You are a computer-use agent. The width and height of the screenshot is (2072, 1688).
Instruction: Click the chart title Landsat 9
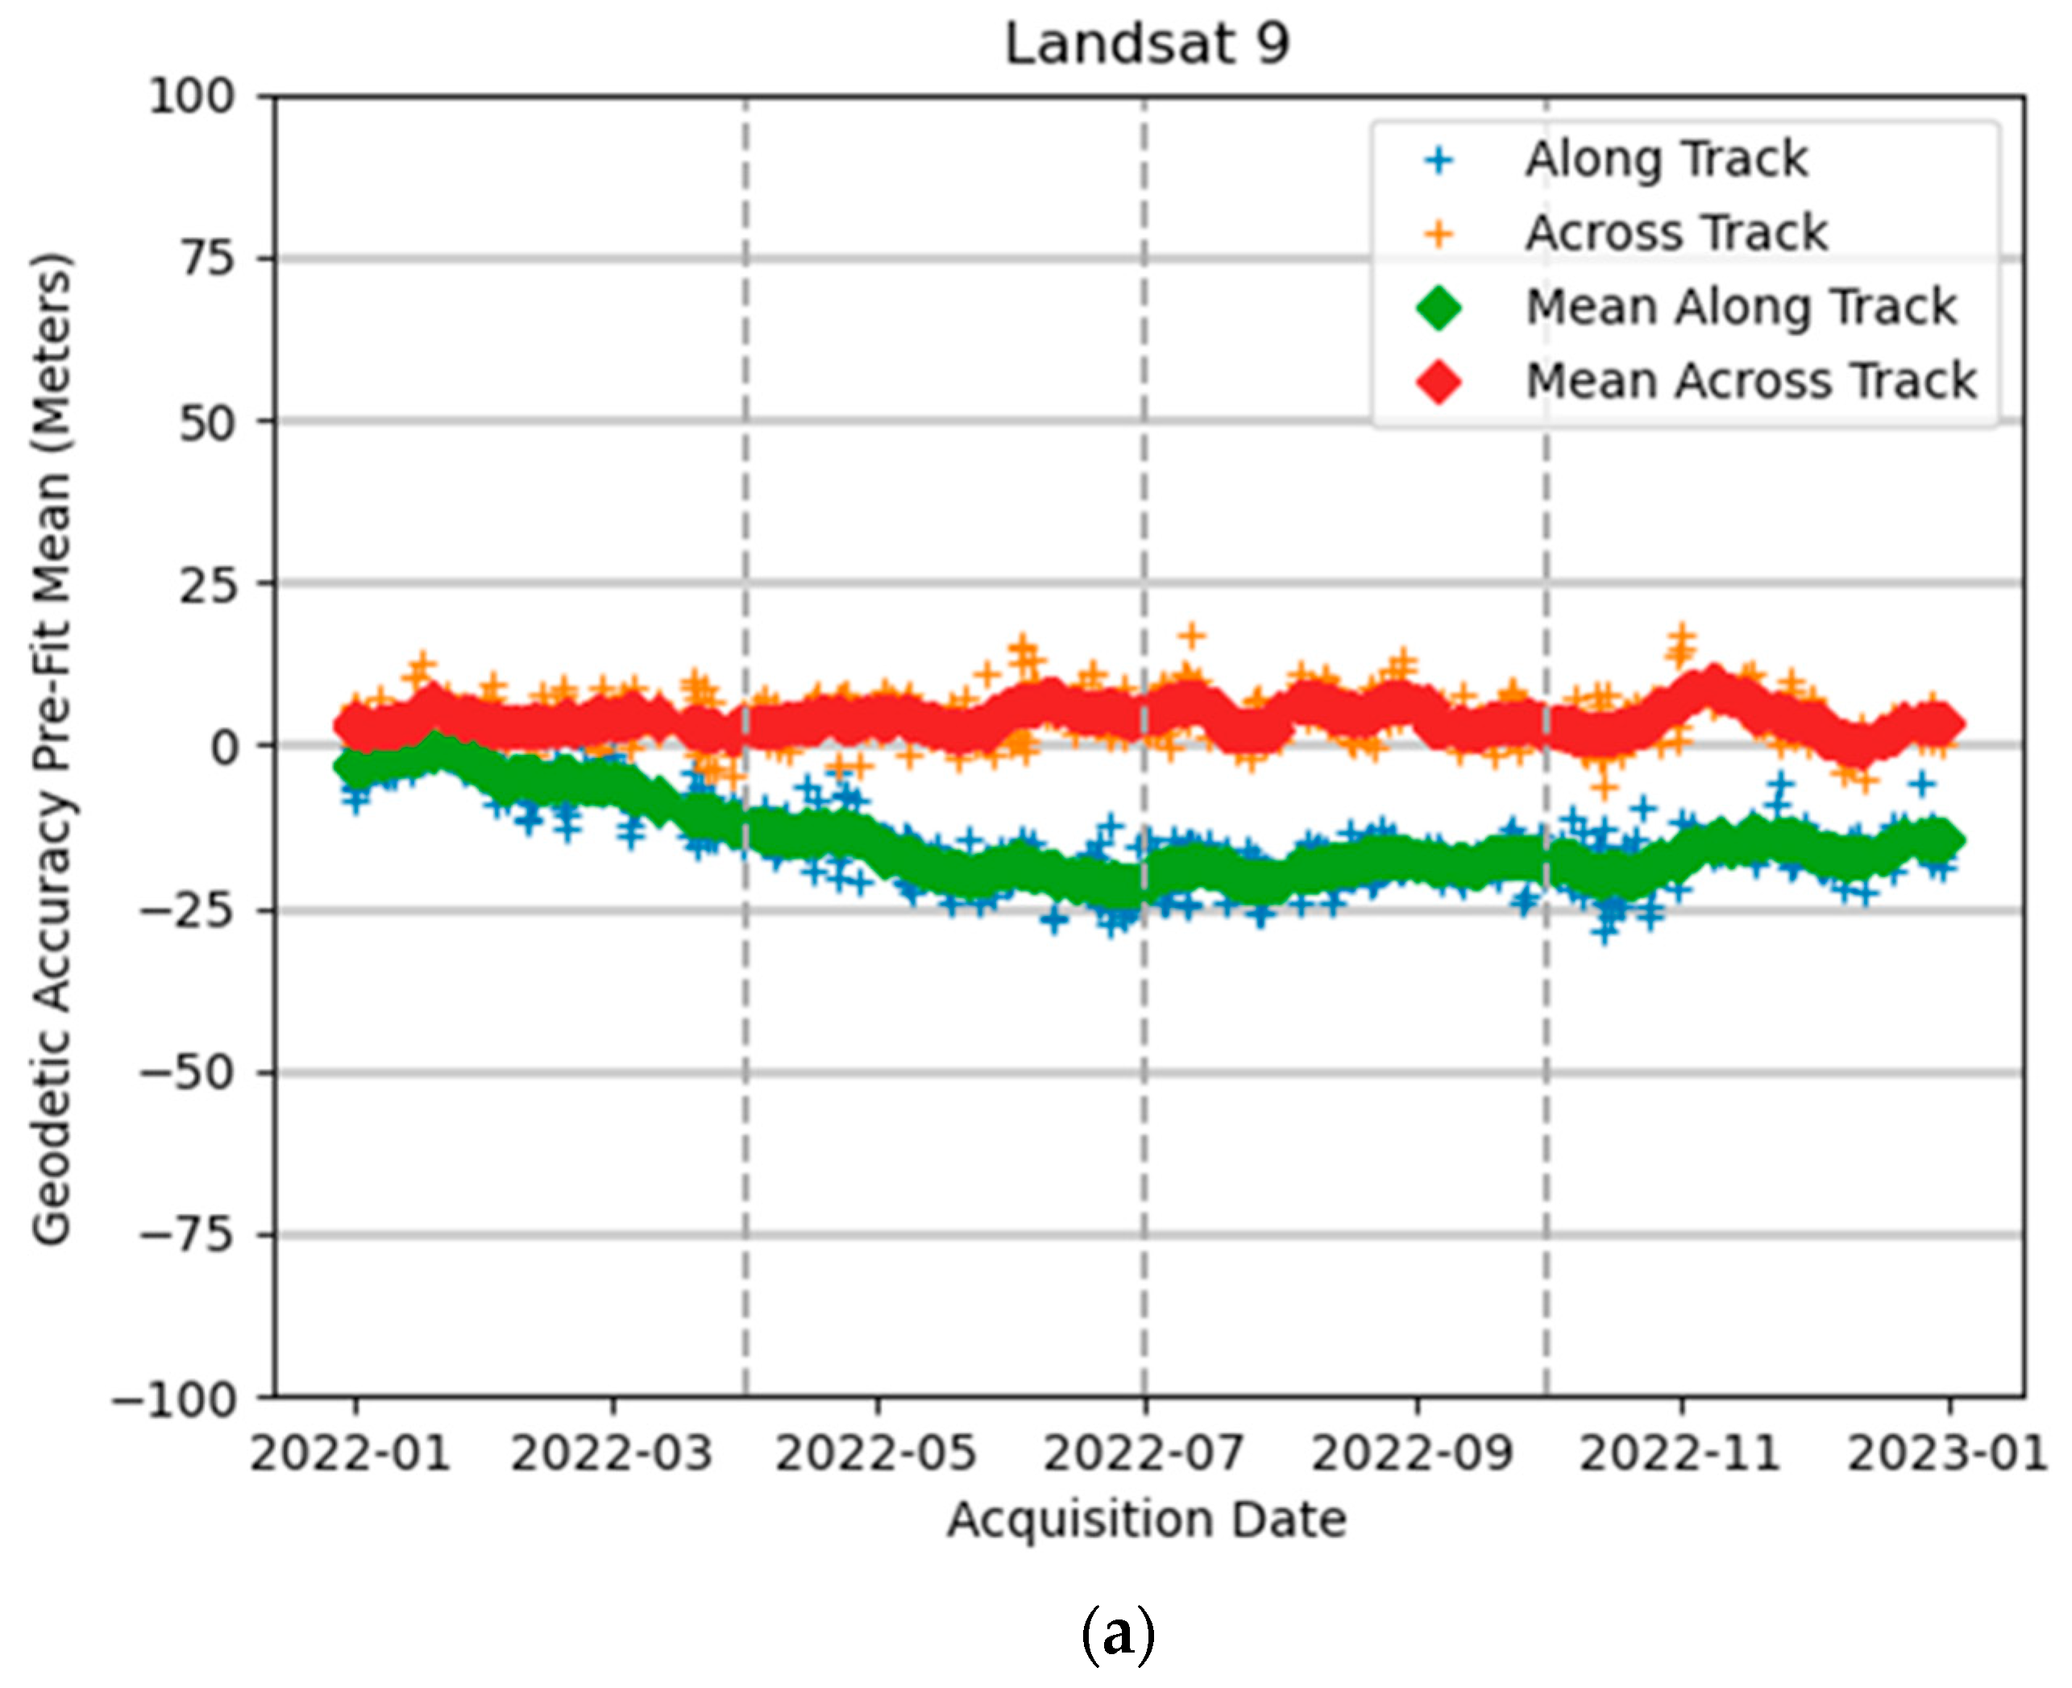(1148, 44)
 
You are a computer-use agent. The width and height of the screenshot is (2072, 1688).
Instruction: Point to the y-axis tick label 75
(207, 259)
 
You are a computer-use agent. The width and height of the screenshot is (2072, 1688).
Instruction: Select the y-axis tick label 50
(207, 422)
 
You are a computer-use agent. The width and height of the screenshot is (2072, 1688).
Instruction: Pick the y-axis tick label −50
(188, 1073)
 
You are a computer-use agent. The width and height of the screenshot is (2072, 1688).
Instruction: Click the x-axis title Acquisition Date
(1148, 1520)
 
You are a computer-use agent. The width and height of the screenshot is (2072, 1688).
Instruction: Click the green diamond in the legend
(1439, 309)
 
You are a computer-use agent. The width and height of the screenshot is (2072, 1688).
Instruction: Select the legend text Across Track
(1676, 234)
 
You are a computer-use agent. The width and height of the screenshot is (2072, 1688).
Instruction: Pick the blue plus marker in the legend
(1439, 160)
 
